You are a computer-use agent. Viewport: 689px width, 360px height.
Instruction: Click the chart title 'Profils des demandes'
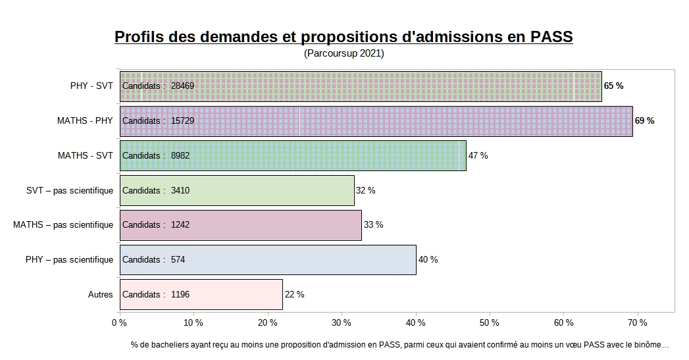tap(344, 36)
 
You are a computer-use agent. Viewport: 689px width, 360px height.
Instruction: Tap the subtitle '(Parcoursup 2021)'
tap(344, 53)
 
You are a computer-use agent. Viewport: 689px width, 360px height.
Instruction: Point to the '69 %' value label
tap(644, 121)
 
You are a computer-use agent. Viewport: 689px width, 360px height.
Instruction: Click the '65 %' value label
tap(613, 86)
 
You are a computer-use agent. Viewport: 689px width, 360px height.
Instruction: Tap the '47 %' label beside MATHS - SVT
tap(478, 156)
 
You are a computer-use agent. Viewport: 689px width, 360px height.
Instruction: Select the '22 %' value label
tap(293, 294)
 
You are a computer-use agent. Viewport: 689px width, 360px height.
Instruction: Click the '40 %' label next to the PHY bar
tap(428, 260)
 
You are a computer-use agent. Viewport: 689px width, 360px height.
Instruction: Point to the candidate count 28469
tap(182, 86)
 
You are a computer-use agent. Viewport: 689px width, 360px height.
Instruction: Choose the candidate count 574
tap(178, 260)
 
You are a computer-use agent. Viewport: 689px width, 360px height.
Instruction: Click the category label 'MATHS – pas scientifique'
tap(63, 225)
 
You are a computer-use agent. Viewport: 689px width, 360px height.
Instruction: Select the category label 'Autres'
tap(100, 294)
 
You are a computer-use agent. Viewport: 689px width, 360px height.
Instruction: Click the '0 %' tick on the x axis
tap(119, 323)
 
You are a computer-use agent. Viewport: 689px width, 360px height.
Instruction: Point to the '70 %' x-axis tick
tap(638, 323)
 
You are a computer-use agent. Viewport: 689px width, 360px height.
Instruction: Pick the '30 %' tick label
tap(341, 323)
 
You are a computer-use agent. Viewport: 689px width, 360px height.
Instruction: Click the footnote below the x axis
tap(399, 344)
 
